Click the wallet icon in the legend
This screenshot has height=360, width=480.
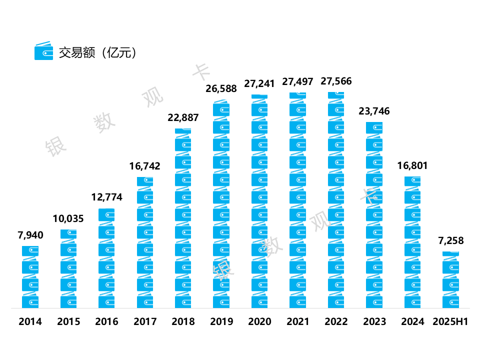[43, 51]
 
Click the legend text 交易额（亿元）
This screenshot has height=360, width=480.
[97, 52]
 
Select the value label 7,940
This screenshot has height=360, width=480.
[30, 235]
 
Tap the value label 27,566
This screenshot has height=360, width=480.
[336, 81]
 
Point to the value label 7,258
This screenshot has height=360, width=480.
[450, 241]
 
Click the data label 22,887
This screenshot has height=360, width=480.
[183, 118]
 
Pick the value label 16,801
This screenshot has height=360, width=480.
[412, 165]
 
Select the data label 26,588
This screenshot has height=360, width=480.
[221, 89]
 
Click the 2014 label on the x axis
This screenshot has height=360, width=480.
[30, 321]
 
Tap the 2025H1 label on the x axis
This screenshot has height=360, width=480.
[450, 321]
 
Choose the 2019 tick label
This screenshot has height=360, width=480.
[221, 321]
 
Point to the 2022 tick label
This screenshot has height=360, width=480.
[336, 321]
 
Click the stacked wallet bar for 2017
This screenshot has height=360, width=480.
[145, 242]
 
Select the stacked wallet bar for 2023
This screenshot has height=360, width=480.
[374, 215]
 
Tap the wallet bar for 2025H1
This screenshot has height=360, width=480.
[450, 279]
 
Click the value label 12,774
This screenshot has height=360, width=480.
[106, 197]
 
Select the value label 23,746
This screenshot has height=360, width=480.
[374, 111]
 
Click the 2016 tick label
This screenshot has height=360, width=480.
[106, 321]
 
